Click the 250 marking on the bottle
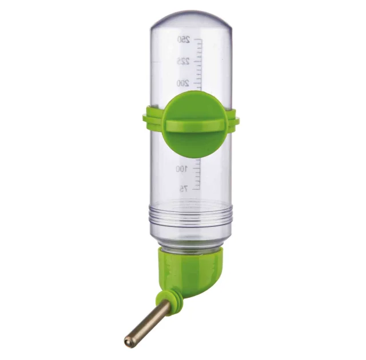tap(184, 39)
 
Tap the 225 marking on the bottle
tap(183, 62)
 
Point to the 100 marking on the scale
tap(182, 169)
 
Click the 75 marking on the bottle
tap(184, 189)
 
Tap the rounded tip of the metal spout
tap(128, 343)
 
